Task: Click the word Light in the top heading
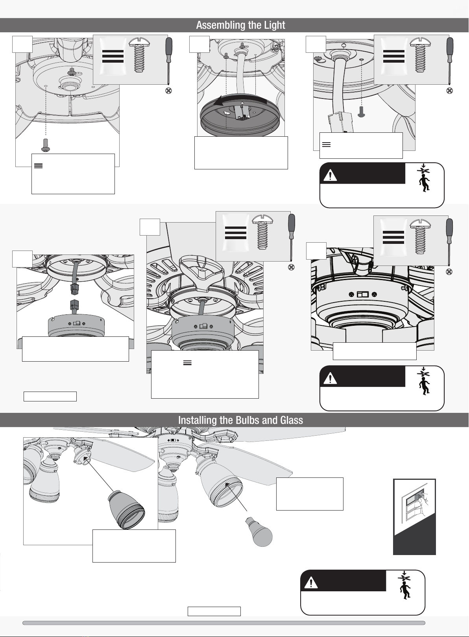point(275,25)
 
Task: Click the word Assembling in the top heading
point(221,25)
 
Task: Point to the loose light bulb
point(259,532)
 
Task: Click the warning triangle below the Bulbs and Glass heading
point(311,583)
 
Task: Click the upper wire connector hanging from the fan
point(74,289)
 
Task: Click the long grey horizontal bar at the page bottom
point(224,623)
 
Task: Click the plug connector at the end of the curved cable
point(340,123)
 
